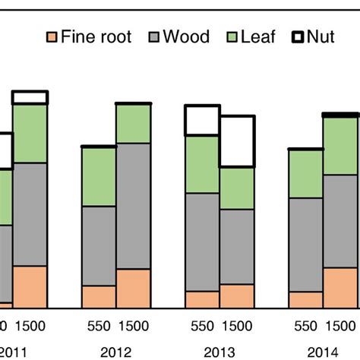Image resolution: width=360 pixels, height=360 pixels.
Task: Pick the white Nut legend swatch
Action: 302,36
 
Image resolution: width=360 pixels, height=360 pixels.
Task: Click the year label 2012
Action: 115,351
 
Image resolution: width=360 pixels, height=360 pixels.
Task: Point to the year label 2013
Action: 219,351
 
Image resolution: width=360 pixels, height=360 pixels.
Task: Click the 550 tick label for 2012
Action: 98,327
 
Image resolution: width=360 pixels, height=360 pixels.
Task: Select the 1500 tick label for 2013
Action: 237,327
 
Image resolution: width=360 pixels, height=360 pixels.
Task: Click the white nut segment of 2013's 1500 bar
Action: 237,141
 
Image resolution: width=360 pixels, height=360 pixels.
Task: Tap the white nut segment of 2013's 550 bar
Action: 203,121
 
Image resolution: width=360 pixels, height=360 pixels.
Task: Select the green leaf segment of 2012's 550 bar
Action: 98,176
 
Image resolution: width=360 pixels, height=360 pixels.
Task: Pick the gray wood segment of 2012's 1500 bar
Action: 133,206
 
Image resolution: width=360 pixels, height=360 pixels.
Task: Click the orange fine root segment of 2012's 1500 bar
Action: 133,289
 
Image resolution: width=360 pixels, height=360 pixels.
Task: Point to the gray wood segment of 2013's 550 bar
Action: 203,242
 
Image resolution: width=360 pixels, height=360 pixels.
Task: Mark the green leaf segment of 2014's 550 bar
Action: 306,174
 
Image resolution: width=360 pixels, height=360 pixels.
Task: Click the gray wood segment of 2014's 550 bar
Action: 306,245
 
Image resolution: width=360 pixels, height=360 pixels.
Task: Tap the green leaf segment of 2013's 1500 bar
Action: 237,188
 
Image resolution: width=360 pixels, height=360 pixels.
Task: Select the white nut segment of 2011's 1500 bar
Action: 30,97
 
